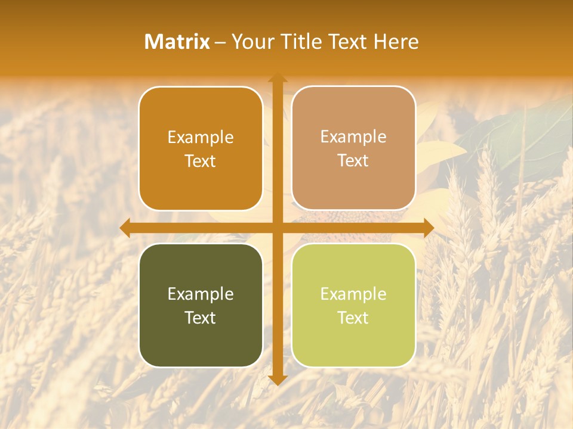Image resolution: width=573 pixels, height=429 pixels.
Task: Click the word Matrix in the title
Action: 177,42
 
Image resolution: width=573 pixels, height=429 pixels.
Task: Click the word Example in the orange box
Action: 201,138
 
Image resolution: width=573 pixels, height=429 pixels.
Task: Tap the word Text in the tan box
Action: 353,161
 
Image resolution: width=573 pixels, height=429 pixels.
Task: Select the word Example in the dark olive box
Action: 201,294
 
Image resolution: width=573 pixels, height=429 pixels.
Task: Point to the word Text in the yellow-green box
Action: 353,318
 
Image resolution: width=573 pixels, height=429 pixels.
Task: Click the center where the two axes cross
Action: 277,228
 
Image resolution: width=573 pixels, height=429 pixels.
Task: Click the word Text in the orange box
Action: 201,161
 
